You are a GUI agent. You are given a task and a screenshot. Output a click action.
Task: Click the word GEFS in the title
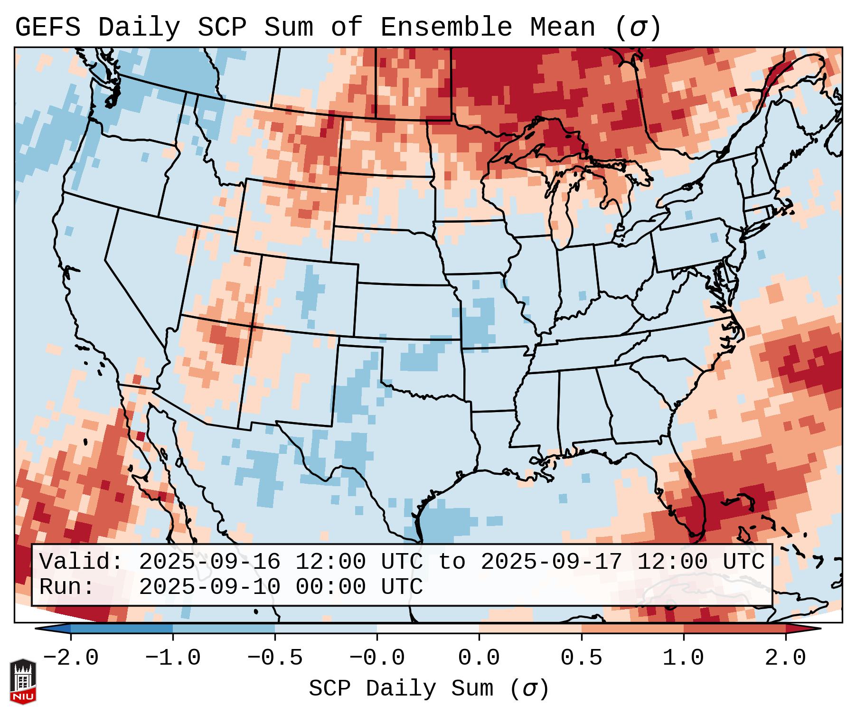(47, 28)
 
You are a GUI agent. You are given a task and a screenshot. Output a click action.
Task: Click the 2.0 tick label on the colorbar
(785, 658)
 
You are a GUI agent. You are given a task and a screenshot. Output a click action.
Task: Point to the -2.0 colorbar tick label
(71, 658)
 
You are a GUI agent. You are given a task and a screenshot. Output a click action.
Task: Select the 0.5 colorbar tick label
(581, 658)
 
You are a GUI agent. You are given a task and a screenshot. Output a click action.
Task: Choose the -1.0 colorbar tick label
(173, 658)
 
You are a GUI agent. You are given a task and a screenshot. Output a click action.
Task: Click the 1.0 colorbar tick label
(683, 658)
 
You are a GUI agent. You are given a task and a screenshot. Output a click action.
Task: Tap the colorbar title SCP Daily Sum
(401, 689)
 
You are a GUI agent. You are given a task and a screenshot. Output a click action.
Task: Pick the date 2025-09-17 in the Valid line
(551, 562)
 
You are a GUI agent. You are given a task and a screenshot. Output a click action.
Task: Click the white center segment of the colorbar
(428, 629)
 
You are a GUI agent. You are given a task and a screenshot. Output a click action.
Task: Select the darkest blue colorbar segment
(121, 629)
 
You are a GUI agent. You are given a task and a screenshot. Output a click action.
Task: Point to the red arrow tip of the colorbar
(814, 629)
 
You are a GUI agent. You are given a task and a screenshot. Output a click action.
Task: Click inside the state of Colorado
(309, 294)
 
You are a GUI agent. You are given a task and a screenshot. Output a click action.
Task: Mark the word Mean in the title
(562, 28)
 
